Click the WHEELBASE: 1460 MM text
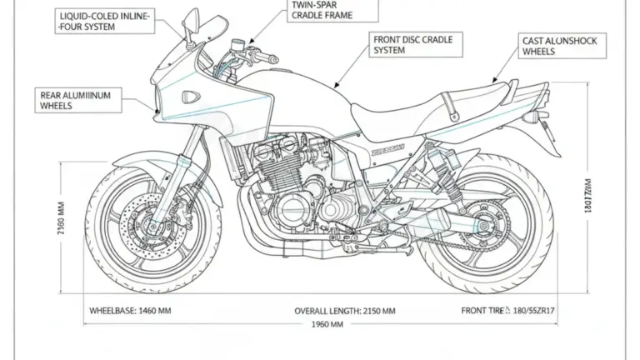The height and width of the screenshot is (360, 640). (130, 310)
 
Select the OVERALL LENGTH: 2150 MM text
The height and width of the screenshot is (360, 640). (345, 310)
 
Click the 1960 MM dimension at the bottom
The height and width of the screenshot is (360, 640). (327, 325)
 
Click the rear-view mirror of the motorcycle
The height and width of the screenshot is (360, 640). (192, 25)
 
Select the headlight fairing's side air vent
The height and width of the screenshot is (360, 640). (191, 95)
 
